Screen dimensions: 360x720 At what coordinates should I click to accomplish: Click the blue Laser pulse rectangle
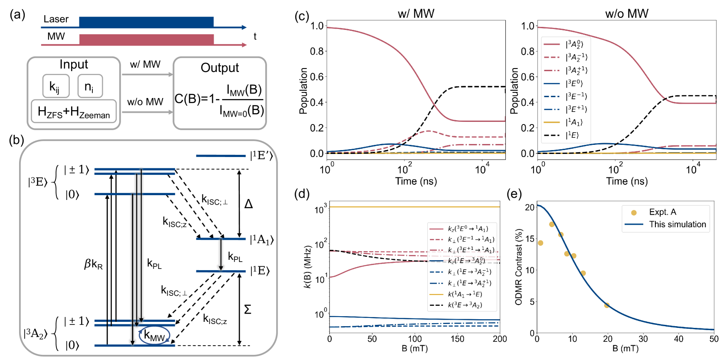(x=146, y=22)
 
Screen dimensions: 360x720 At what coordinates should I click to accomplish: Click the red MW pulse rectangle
(x=146, y=39)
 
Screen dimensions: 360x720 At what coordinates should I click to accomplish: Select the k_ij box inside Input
(x=56, y=86)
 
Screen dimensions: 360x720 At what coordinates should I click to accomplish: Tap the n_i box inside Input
(x=90, y=86)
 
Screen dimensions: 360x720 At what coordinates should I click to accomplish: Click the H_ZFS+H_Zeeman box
(x=74, y=111)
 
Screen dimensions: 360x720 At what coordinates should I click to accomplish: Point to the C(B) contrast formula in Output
(x=219, y=100)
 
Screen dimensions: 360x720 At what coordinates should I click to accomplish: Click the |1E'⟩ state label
(x=261, y=155)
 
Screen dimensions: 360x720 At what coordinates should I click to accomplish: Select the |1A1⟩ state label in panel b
(x=262, y=239)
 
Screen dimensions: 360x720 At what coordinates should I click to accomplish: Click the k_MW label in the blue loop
(x=154, y=335)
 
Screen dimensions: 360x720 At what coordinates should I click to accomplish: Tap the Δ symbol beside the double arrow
(x=248, y=204)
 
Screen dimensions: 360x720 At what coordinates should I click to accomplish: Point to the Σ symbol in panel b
(x=248, y=309)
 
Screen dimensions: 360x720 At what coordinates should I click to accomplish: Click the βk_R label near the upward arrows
(x=93, y=264)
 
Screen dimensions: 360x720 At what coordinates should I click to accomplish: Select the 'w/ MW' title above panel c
(x=416, y=13)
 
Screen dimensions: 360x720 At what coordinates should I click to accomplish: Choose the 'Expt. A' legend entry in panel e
(x=662, y=212)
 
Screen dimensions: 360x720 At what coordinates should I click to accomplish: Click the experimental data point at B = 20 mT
(x=607, y=305)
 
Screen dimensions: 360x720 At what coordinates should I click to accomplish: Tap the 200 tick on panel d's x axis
(x=500, y=339)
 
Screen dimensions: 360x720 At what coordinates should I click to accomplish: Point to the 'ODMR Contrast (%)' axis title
(x=518, y=267)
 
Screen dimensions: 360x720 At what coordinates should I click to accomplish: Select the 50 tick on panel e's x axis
(x=713, y=339)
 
